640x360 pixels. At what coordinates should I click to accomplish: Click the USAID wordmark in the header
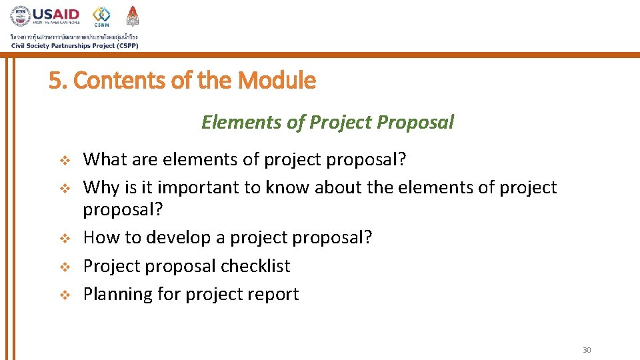(57, 14)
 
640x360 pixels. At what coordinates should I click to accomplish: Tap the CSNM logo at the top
(101, 17)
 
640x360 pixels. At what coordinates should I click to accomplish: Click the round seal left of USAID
(21, 17)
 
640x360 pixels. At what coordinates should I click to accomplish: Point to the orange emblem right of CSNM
(132, 16)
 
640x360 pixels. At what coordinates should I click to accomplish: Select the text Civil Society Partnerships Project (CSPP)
(74, 45)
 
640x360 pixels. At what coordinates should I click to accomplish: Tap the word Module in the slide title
(277, 81)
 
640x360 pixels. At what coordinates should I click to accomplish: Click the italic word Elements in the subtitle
(233, 122)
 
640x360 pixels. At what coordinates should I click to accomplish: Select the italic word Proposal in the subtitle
(415, 122)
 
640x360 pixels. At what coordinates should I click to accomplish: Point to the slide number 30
(587, 351)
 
